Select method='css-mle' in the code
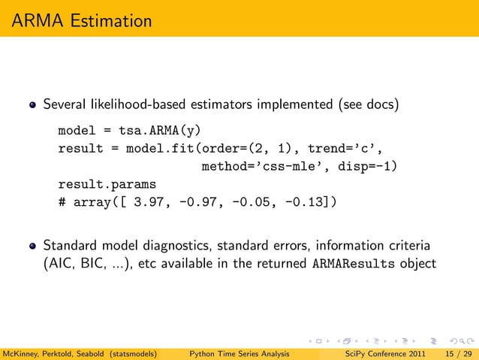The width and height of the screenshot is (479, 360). pyautogui.click(x=255, y=166)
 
